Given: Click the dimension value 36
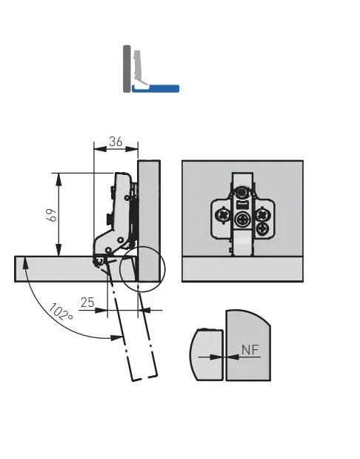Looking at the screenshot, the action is coord(116,142).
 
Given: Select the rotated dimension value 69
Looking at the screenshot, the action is coord(52,215).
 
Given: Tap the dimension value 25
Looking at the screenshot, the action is coord(87,303).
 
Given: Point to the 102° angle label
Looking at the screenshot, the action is coord(60,312).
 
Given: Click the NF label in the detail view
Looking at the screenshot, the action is coord(250,349).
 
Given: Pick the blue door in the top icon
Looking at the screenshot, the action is coord(156,88).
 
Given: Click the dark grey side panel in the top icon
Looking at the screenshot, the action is coord(127,69).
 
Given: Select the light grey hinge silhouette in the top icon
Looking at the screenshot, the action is coord(139,68).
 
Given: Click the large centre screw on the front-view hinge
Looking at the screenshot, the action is coord(243,219).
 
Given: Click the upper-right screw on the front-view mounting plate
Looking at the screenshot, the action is coord(263,214).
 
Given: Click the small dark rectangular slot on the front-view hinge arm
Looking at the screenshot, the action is coord(242,205).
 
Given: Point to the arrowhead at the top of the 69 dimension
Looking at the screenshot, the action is coord(59,179).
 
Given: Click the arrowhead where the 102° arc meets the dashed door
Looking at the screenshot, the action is coord(117,337).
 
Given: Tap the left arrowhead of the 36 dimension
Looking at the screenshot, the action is coord(100,149).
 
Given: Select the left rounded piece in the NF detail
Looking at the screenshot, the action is coord(207,354).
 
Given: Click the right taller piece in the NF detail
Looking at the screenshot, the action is coord(247,346).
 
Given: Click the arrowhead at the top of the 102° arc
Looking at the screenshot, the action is coord(26,263).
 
